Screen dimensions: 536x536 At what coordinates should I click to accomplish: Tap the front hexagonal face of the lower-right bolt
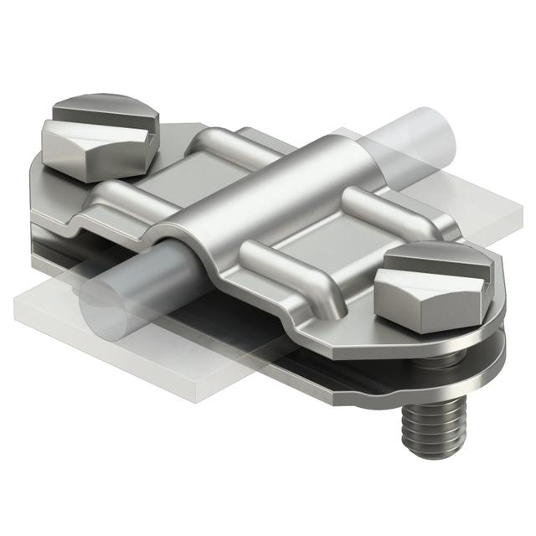[410, 293]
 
